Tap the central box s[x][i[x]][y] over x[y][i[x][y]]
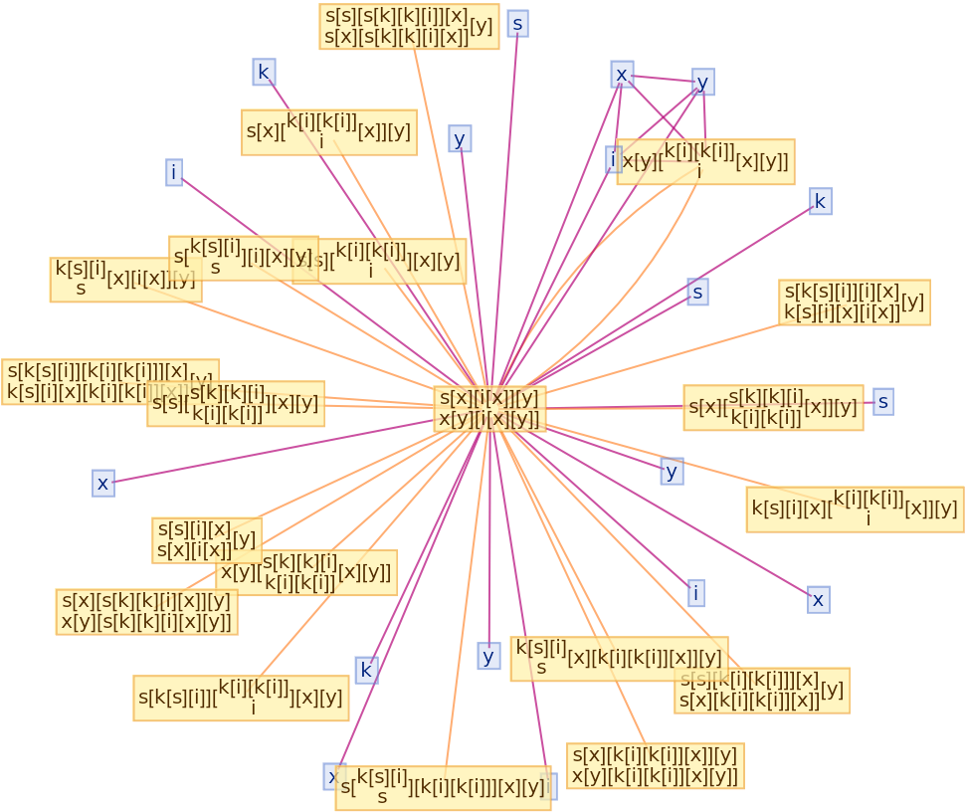(x=489, y=408)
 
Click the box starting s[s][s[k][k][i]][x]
(x=409, y=26)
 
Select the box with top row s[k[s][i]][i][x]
(x=854, y=303)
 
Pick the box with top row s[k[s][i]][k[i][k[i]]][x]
(x=109, y=382)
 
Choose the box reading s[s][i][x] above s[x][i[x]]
(x=207, y=539)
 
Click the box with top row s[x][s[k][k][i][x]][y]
(x=146, y=611)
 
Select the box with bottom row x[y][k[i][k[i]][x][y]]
(x=655, y=765)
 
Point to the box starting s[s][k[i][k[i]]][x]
(x=761, y=690)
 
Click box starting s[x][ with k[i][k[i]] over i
(x=328, y=131)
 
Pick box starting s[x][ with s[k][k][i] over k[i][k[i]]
(x=773, y=407)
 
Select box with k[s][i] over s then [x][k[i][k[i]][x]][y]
(x=619, y=659)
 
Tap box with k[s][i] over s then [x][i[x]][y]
(x=125, y=280)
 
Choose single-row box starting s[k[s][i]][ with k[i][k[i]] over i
(x=241, y=698)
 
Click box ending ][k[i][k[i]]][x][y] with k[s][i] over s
(x=443, y=788)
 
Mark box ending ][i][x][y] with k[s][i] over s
(x=244, y=257)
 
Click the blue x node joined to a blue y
(x=622, y=74)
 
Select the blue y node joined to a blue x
(x=702, y=82)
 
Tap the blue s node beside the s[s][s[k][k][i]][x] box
(x=517, y=23)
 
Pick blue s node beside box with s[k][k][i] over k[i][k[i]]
(x=882, y=401)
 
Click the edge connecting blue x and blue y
(x=663, y=78)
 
